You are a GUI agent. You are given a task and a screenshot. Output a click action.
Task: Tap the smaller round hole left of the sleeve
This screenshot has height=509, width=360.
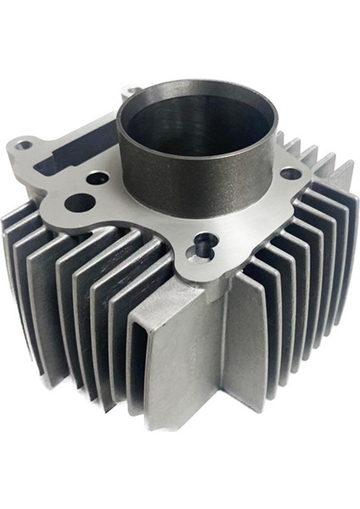tap(98, 179)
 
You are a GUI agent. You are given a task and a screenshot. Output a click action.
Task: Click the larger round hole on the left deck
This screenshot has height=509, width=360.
tap(79, 202)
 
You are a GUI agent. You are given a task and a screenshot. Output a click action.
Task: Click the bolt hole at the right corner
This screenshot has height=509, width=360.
tap(290, 174)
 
